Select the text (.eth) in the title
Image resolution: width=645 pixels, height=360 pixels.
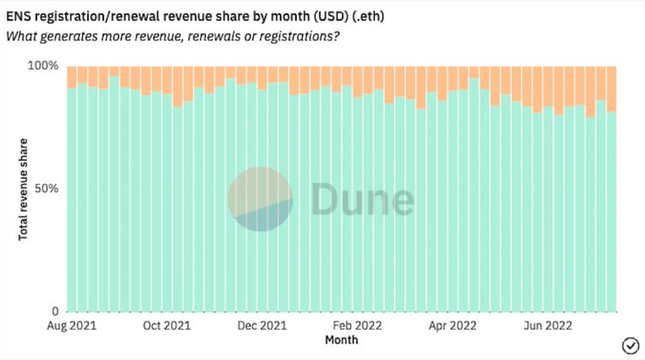[368, 16]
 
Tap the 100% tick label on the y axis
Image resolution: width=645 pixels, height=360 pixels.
[43, 66]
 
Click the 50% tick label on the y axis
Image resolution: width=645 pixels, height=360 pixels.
[46, 188]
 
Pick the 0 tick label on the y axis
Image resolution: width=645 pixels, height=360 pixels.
[55, 311]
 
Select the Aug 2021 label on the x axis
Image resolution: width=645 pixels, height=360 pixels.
[72, 325]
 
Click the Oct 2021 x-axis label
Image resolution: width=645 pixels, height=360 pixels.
[167, 325]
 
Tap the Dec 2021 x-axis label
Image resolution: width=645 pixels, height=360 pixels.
[262, 325]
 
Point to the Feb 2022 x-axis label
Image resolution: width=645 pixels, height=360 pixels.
[357, 325]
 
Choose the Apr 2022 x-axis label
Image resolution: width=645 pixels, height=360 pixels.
[453, 325]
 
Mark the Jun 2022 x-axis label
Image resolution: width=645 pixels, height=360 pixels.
[548, 325]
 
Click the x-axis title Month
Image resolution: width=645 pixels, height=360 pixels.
[341, 340]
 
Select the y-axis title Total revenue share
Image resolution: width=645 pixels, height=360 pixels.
[23, 189]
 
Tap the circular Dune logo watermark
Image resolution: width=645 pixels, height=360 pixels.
[260, 199]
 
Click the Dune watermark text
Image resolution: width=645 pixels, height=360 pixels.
[362, 199]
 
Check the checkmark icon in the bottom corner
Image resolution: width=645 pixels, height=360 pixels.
[630, 345]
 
